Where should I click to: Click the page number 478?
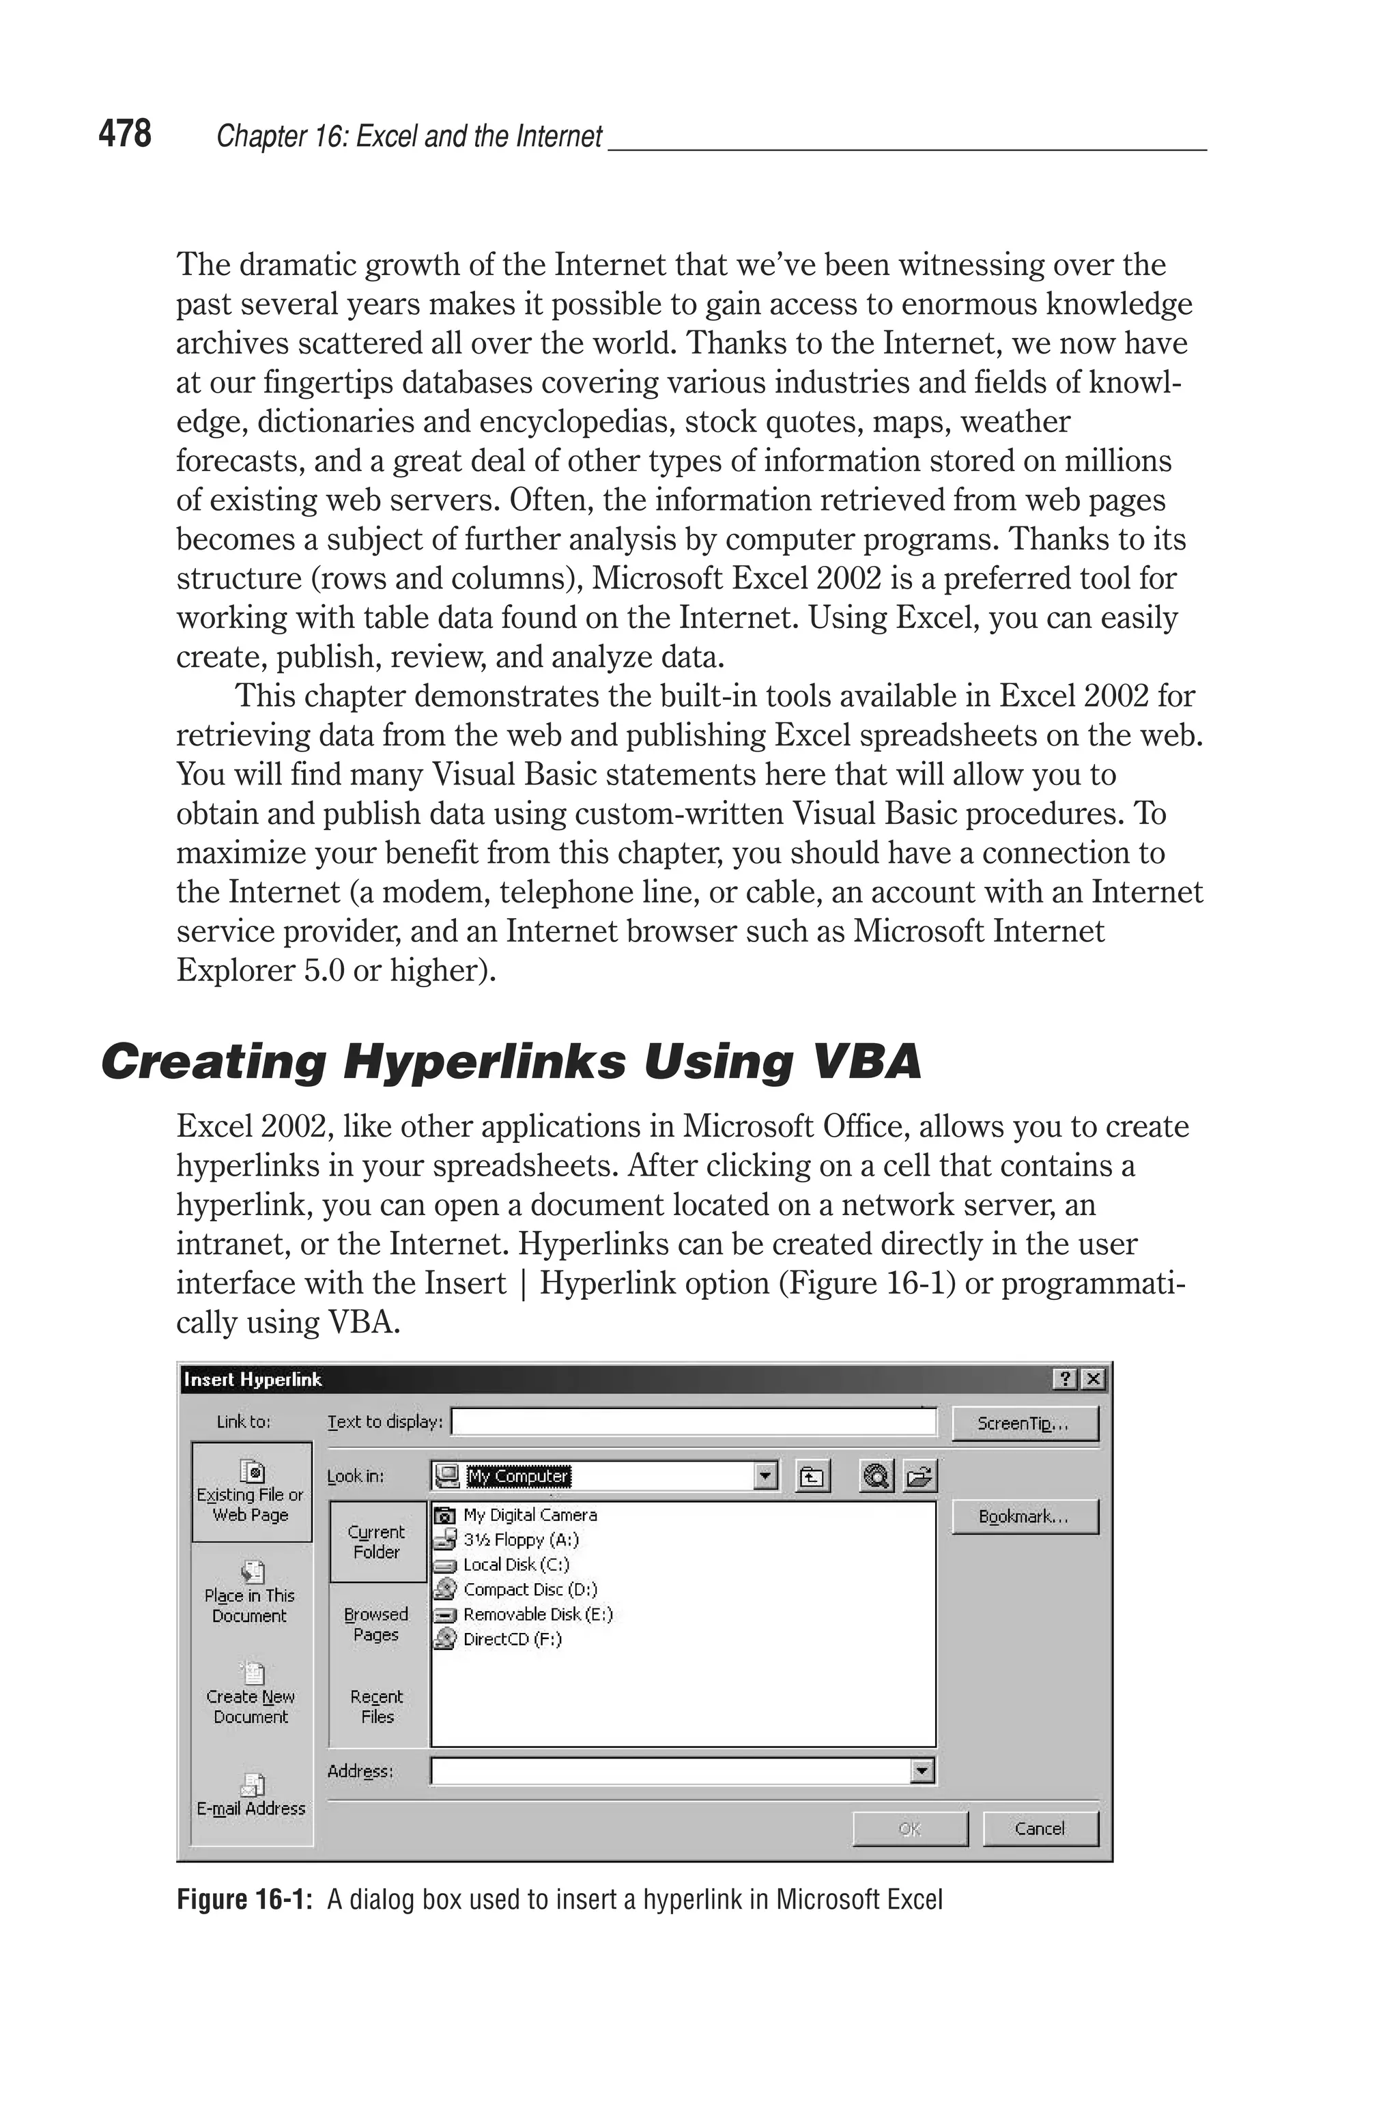click(x=125, y=134)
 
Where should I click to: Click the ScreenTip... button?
click(x=1025, y=1423)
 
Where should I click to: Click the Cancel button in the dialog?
click(x=1040, y=1828)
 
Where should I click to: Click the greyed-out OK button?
click(x=909, y=1828)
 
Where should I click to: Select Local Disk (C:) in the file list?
click(x=515, y=1565)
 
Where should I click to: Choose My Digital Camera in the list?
click(x=529, y=1514)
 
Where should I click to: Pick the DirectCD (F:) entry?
click(x=512, y=1638)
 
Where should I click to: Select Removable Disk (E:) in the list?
click(x=537, y=1615)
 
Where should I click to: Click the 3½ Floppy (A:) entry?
click(x=521, y=1539)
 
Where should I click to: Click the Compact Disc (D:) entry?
click(x=530, y=1589)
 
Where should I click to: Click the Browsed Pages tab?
click(x=376, y=1624)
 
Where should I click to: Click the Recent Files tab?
click(x=377, y=1706)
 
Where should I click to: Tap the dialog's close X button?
click(x=1093, y=1380)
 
